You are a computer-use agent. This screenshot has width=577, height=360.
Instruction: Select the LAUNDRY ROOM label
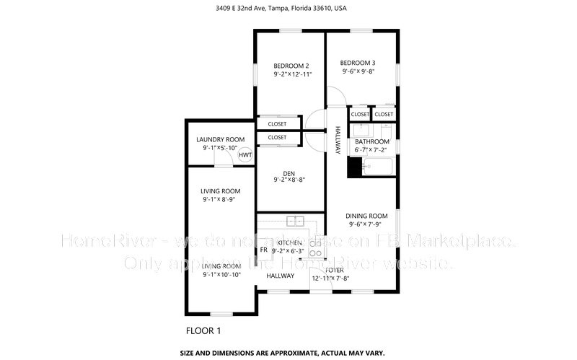coord(220,139)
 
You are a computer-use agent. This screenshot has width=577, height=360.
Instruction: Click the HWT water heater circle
coord(245,154)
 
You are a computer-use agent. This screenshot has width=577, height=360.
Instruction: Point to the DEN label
coord(288,173)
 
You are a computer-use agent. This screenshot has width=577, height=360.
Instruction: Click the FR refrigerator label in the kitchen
coord(263,250)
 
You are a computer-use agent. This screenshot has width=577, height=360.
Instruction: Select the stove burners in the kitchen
coord(315,248)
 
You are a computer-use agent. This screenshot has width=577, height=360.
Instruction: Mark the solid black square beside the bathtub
coord(354,167)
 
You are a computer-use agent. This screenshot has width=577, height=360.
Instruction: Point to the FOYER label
coord(335,270)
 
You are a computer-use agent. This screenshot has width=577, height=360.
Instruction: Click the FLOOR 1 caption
coord(203,330)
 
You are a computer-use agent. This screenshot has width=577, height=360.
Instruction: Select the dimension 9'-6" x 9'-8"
coord(358,71)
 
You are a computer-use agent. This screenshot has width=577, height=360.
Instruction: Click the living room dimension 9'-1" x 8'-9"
coord(220,200)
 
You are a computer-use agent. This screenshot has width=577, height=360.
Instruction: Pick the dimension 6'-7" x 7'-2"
coord(371,150)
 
